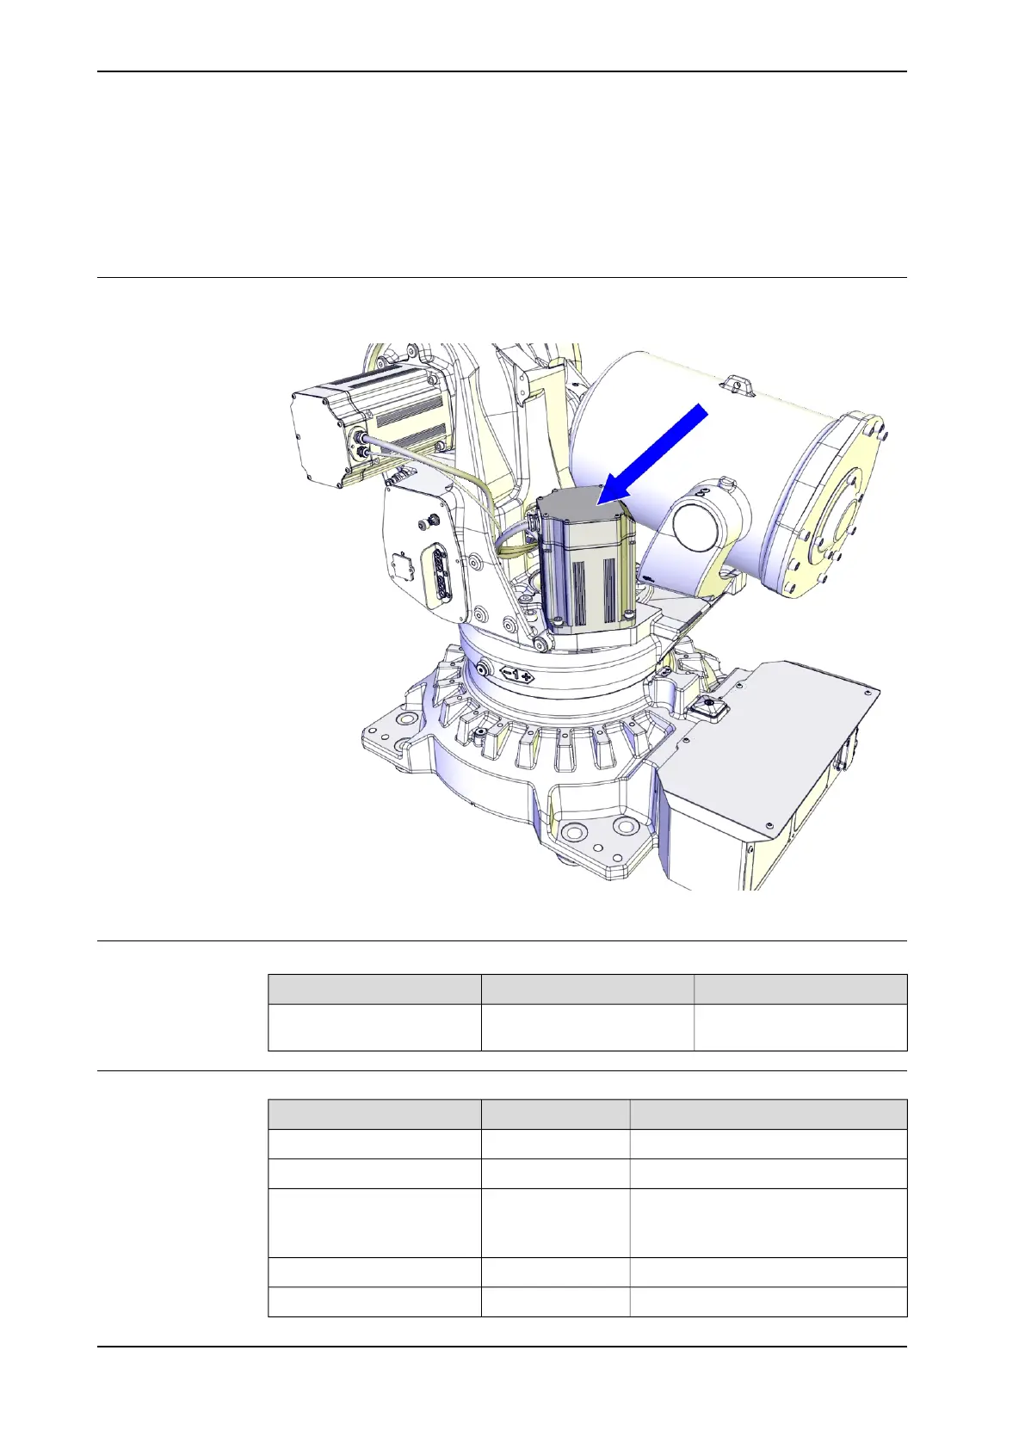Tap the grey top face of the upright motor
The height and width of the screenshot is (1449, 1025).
(580, 505)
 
